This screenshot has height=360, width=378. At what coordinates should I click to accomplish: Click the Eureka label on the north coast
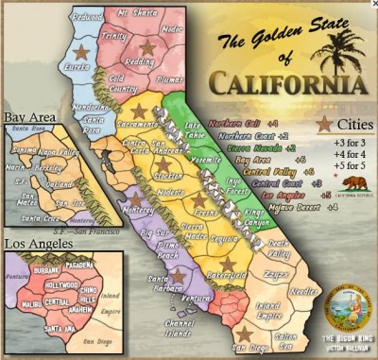pyautogui.click(x=77, y=68)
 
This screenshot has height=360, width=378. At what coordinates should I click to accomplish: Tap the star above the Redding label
pyautogui.click(x=146, y=45)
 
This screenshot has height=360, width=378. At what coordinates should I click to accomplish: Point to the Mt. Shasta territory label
pyautogui.click(x=137, y=14)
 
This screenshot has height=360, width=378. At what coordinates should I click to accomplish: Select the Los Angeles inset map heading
pyautogui.click(x=38, y=244)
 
